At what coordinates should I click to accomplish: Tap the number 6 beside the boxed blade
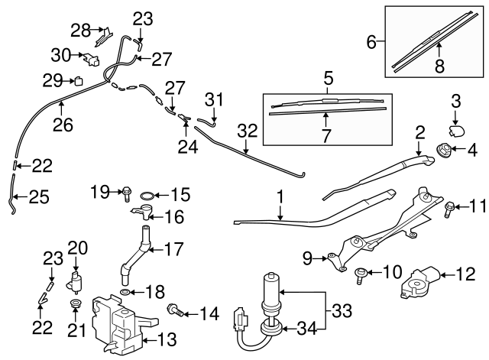pos(372,43)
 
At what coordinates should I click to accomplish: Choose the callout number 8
pos(439,66)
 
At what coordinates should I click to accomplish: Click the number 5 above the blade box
pos(329,78)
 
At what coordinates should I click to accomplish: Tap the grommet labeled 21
pos(76,306)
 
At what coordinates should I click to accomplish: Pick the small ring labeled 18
pos(125,293)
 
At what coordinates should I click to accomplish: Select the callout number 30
pos(60,54)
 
